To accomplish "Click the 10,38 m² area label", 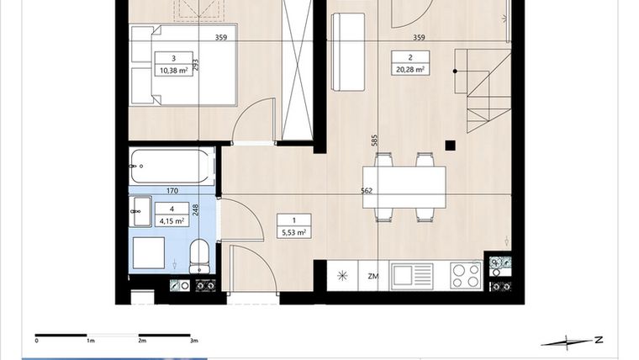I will tap(172, 71).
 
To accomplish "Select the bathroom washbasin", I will tap(141, 213).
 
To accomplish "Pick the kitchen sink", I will tap(411, 274).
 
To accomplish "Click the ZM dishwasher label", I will tap(372, 275).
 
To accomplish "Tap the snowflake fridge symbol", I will tap(342, 275).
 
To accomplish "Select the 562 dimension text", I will tap(367, 190).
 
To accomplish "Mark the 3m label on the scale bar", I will tap(194, 341).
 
